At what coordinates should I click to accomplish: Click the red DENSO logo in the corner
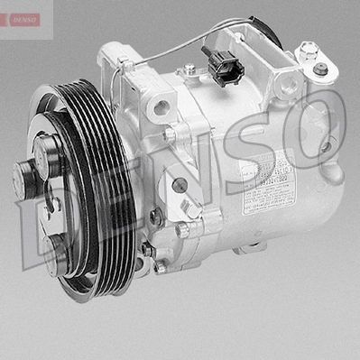point(20,19)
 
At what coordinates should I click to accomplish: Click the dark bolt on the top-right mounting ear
point(321,69)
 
